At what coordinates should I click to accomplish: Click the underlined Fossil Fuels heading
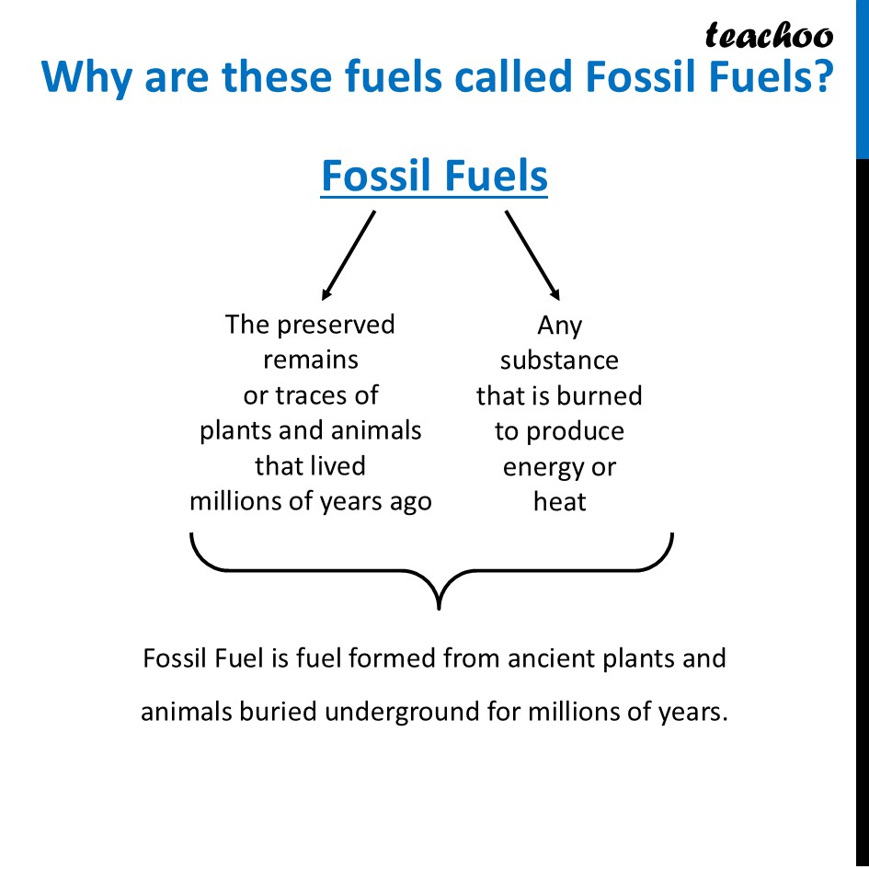pos(434,176)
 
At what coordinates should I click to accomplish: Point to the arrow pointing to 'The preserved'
pos(349,255)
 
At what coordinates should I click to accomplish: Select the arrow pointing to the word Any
pos(532,255)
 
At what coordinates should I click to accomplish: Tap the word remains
pos(311,360)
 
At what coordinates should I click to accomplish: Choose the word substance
pos(559,360)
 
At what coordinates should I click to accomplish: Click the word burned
pos(597,395)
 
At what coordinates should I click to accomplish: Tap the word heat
pos(559,502)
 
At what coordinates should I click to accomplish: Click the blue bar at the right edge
pos(862,78)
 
